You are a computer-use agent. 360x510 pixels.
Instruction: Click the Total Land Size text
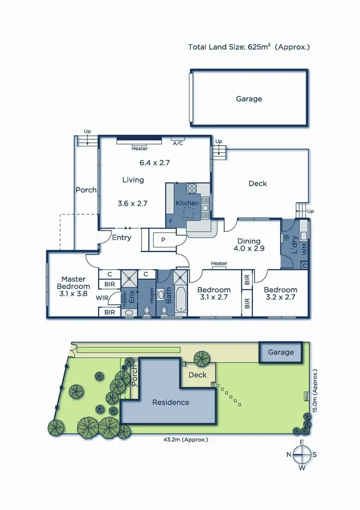point(249,47)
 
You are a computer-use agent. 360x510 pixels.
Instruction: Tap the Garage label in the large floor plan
point(249,99)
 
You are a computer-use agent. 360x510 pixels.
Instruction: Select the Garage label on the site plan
point(281,352)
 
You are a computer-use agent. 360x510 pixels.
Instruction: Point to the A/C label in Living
point(178,143)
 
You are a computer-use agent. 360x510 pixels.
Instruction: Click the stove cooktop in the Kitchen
point(192,188)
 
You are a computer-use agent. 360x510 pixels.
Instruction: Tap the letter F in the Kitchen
point(171,222)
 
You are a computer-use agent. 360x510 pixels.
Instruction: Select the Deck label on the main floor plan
point(258,183)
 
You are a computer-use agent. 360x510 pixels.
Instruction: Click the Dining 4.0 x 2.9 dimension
point(249,249)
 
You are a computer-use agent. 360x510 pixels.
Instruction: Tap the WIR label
point(101,298)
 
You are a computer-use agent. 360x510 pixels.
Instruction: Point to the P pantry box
point(163,240)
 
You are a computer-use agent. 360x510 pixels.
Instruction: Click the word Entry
point(121,237)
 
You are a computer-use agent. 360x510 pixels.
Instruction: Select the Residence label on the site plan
point(171,402)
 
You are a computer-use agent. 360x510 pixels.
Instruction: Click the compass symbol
point(302,454)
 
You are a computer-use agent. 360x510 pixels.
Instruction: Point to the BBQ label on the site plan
point(305,396)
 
